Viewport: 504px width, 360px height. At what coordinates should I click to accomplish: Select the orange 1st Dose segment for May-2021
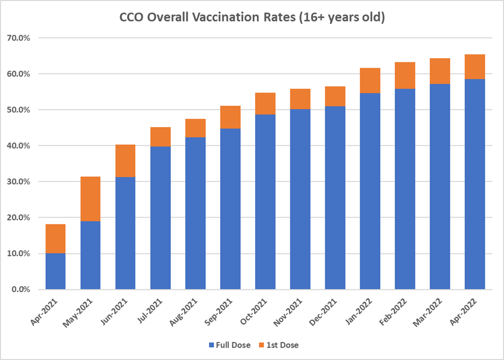[x=90, y=199]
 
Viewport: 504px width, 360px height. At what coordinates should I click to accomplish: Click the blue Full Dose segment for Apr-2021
[x=55, y=271]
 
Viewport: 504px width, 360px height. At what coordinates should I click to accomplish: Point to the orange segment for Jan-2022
[x=370, y=81]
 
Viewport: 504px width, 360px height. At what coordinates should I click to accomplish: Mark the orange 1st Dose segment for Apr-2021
[x=55, y=239]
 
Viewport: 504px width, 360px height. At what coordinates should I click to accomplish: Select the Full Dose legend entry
[x=229, y=345]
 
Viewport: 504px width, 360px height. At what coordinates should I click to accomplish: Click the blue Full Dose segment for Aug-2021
[x=195, y=213]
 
